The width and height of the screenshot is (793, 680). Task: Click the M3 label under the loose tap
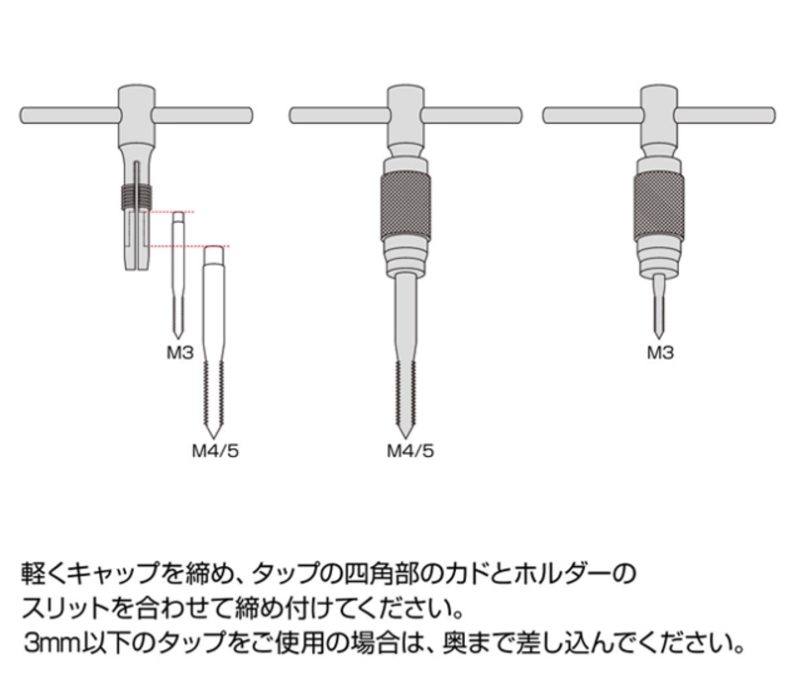180,352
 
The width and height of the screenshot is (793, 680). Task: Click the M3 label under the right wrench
660,352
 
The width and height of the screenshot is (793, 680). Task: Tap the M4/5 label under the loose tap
215,450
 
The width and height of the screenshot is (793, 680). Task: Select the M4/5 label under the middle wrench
410,450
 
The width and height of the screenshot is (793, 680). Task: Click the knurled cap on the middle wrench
405,206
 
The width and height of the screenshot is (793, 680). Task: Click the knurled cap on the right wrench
659,206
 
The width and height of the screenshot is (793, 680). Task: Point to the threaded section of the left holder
137,196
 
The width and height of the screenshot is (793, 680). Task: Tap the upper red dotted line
169,212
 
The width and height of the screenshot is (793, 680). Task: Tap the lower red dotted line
186,246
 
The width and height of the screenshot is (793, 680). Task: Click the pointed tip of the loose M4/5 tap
213,437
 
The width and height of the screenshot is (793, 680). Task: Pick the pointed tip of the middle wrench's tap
405,437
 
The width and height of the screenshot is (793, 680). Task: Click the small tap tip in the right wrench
658,338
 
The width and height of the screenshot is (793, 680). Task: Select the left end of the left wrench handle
22,115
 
